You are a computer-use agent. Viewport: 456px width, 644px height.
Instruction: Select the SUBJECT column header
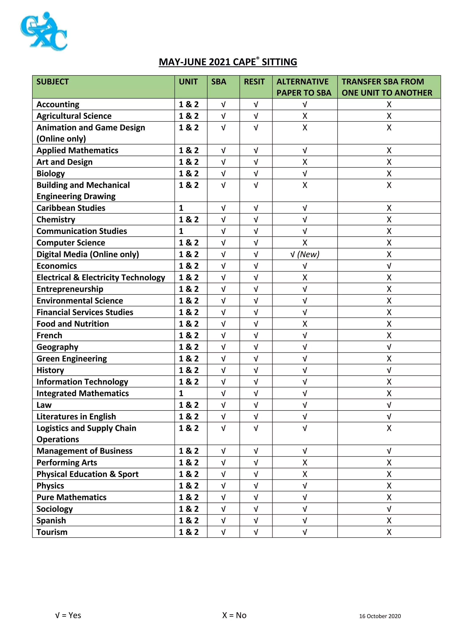[x=53, y=82]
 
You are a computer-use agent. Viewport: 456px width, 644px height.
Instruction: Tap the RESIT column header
[x=254, y=82]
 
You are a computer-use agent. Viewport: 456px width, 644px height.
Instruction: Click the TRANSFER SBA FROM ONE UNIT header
[x=387, y=87]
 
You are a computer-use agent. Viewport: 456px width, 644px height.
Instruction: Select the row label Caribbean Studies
[x=71, y=208]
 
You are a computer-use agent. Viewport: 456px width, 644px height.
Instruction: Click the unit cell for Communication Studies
[x=181, y=231]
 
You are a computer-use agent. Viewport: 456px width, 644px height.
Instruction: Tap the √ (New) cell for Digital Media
[x=305, y=254]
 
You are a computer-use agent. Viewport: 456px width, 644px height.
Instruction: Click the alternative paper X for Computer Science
[x=305, y=243]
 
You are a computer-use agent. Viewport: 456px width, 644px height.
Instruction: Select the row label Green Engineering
[x=72, y=358]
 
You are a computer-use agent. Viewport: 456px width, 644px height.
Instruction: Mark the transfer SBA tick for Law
[x=389, y=405]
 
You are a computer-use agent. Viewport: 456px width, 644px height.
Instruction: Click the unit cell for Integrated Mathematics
[x=181, y=393]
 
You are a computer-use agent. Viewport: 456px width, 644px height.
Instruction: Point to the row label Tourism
[x=52, y=532]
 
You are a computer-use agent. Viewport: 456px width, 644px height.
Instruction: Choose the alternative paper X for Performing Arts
[x=305, y=463]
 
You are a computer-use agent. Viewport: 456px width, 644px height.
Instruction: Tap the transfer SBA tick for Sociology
[x=389, y=509]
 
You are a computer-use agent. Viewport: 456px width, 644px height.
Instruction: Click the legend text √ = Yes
[x=68, y=615]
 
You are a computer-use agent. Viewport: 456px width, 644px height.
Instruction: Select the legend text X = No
[x=234, y=615]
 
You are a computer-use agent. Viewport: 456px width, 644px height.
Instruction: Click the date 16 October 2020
[x=380, y=616]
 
